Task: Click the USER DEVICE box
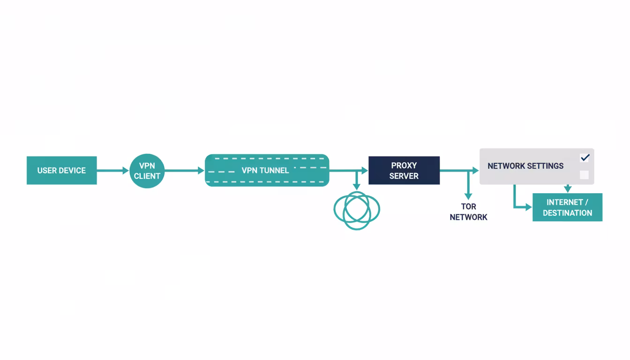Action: click(x=61, y=170)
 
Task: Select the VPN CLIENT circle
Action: click(x=147, y=171)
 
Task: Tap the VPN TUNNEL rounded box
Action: click(x=267, y=170)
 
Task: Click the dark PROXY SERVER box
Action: click(x=404, y=170)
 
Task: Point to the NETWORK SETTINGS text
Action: click(x=525, y=166)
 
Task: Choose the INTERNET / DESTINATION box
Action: click(x=567, y=207)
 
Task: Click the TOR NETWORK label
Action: click(x=468, y=212)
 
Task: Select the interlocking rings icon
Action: click(x=357, y=210)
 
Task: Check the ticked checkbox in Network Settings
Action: click(x=584, y=158)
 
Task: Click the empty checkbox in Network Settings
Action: click(x=584, y=175)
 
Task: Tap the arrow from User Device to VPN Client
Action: click(x=113, y=171)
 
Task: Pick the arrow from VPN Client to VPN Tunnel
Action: click(x=184, y=171)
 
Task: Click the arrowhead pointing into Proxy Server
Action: click(x=365, y=171)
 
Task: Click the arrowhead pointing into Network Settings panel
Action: click(x=475, y=171)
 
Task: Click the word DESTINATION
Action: click(x=567, y=213)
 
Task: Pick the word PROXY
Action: click(x=404, y=165)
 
